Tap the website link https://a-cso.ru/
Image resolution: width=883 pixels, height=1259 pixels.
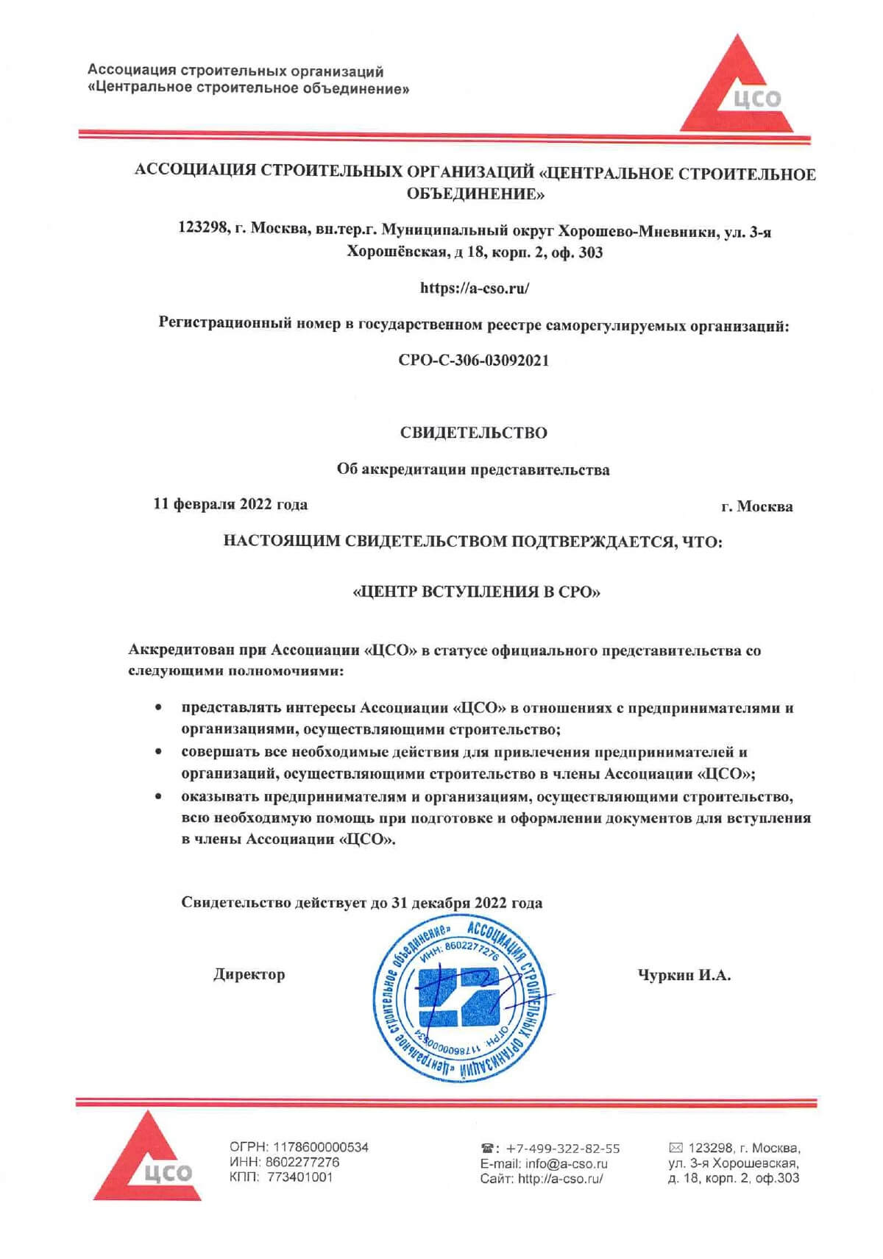click(x=475, y=288)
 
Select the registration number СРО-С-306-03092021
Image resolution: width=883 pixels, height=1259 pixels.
click(x=474, y=361)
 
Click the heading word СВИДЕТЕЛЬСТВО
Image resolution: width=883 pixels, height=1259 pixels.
click(x=474, y=433)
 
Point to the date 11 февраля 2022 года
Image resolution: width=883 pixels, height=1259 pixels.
click(x=230, y=505)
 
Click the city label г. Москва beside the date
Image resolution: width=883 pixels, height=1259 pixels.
click(x=757, y=506)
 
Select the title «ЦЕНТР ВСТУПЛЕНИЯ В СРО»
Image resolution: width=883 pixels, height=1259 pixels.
click(x=477, y=592)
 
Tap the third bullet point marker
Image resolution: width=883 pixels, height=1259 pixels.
click(x=158, y=796)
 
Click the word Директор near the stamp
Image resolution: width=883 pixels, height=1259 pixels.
click(x=249, y=975)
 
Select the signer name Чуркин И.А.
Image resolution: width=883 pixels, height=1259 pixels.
click(x=684, y=976)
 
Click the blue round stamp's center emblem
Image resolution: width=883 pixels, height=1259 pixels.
click(x=460, y=997)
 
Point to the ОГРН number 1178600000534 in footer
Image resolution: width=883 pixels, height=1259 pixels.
click(x=321, y=1147)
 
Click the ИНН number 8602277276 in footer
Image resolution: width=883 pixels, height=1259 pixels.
click(x=306, y=1162)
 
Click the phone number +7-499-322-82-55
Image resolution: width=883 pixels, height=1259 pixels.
click(x=563, y=1149)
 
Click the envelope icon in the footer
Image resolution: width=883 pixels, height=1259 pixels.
click(x=675, y=1147)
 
